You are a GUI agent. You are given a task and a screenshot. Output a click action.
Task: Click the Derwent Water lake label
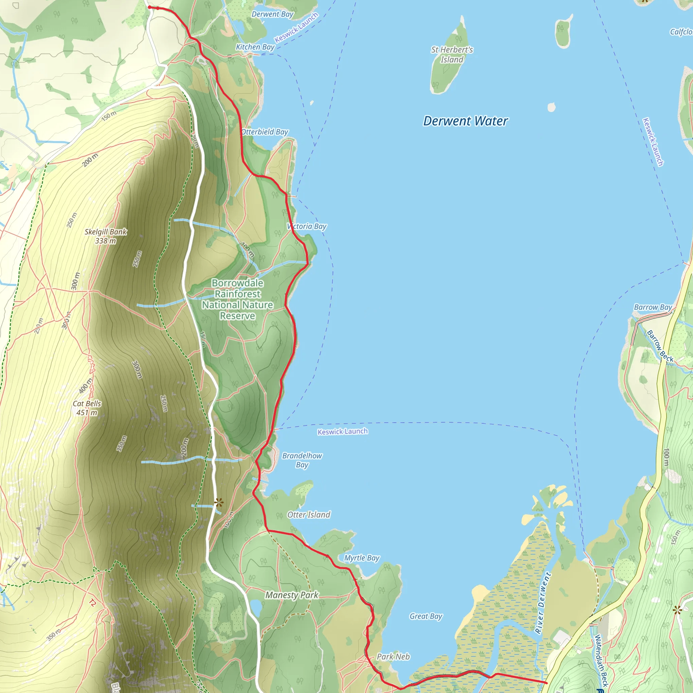[x=465, y=121]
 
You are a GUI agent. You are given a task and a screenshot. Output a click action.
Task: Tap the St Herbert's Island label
[x=452, y=54]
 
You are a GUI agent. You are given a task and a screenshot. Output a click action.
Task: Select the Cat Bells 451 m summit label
[x=87, y=408]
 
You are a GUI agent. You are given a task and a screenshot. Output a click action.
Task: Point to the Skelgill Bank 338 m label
[x=106, y=236]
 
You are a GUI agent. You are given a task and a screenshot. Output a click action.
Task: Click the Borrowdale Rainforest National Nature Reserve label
[x=238, y=299]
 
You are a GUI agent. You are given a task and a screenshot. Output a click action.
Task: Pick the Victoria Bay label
[x=307, y=226]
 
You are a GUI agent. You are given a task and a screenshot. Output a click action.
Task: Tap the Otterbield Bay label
[x=265, y=132]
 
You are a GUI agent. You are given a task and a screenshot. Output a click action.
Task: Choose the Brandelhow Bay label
[x=302, y=460]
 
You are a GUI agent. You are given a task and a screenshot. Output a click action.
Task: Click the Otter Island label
[x=309, y=515]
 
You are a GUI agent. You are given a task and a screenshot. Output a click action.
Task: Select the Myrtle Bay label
[x=362, y=558]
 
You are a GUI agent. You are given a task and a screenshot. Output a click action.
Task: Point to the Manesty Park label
[x=292, y=595]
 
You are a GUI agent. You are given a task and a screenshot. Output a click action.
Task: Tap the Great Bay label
[x=426, y=616]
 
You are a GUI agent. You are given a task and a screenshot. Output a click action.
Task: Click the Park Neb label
[x=393, y=657]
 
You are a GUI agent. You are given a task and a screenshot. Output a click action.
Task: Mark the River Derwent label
[x=542, y=603]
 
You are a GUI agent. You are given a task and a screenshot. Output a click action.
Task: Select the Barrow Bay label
[x=653, y=307]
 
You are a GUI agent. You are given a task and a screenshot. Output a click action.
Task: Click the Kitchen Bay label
[x=255, y=47]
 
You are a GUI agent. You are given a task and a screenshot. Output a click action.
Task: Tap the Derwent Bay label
[x=272, y=14]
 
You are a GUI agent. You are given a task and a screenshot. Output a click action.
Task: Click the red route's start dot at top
[x=150, y=7]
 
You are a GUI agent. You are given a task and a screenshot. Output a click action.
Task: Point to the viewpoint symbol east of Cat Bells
[x=219, y=502]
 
